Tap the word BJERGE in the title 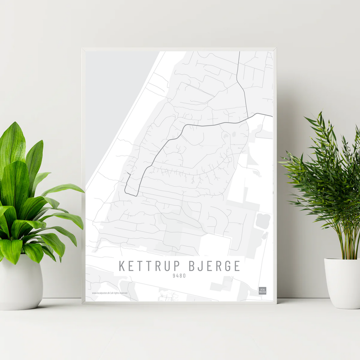tap(215, 266)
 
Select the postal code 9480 tap(179, 276)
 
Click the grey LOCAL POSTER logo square tap(262, 291)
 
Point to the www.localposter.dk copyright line tap(109, 293)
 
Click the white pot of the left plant tap(21, 285)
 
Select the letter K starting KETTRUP tap(122, 266)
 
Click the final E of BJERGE tap(236, 266)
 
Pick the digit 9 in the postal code tap(174, 276)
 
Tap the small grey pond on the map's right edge tap(263, 220)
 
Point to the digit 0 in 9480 tap(184, 276)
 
